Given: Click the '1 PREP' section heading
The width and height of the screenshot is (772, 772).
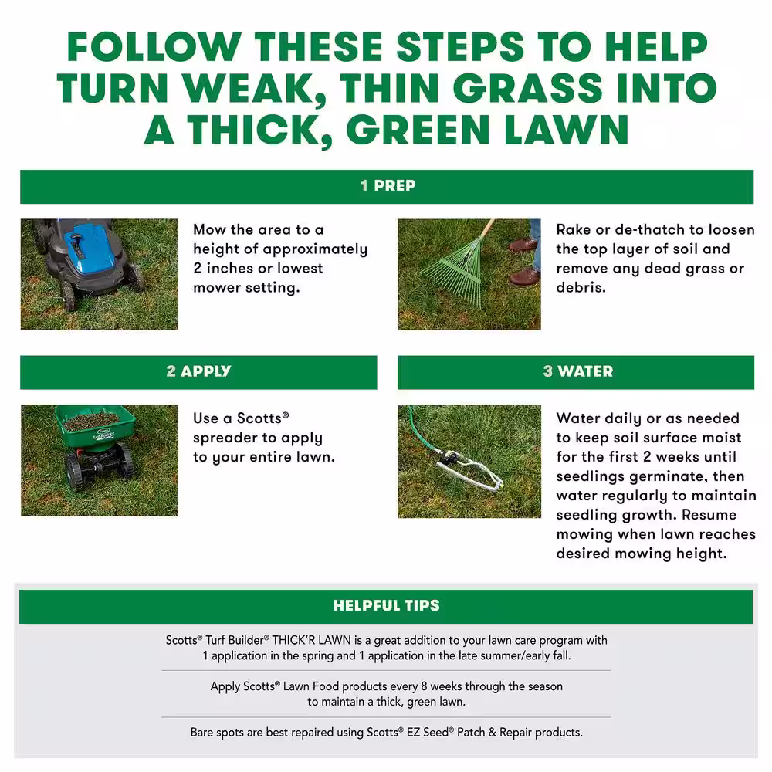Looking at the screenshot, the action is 388,185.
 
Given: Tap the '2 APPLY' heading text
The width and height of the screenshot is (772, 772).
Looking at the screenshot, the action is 198,371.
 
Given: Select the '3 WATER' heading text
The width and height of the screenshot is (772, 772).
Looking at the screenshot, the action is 578,371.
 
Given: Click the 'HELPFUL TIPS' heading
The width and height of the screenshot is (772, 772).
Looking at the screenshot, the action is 387,605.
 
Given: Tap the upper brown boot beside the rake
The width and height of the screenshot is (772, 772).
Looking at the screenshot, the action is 523,245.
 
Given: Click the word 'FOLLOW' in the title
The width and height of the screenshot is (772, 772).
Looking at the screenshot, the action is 154,47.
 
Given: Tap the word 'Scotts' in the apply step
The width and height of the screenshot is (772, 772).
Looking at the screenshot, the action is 259,418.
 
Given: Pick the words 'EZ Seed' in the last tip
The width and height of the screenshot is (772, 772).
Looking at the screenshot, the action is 428,732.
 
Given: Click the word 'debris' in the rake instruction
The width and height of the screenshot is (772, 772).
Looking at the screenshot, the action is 579,287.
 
